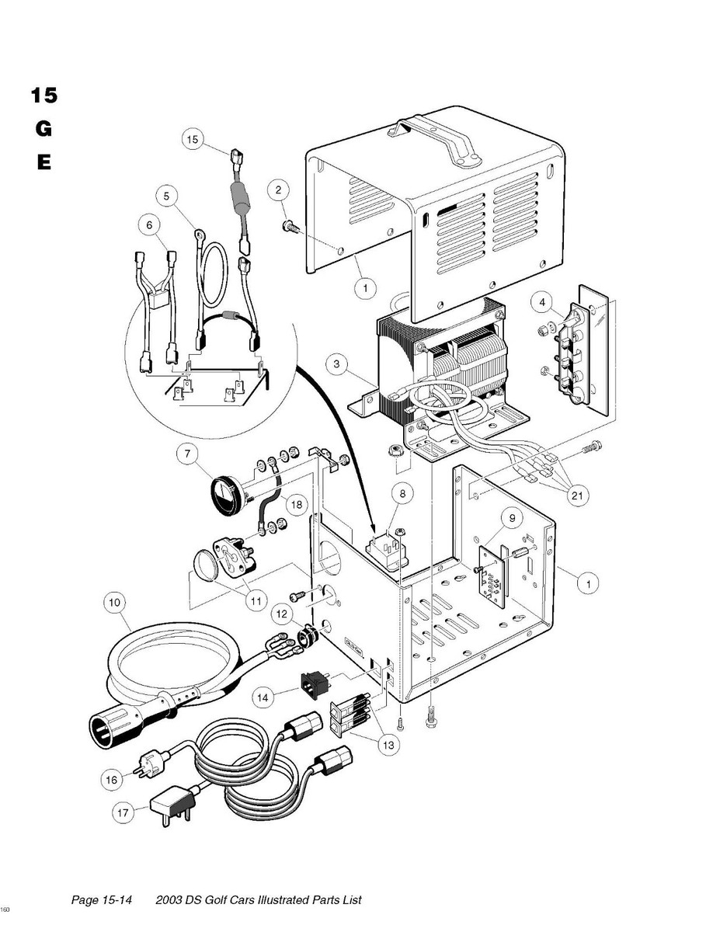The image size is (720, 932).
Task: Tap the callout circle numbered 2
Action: (280, 189)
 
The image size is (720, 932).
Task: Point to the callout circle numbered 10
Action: (115, 601)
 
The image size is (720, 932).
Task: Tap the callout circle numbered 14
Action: (263, 698)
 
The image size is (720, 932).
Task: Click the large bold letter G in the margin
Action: (43, 129)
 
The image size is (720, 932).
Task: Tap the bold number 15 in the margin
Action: (43, 96)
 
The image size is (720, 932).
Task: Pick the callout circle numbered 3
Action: (336, 363)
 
